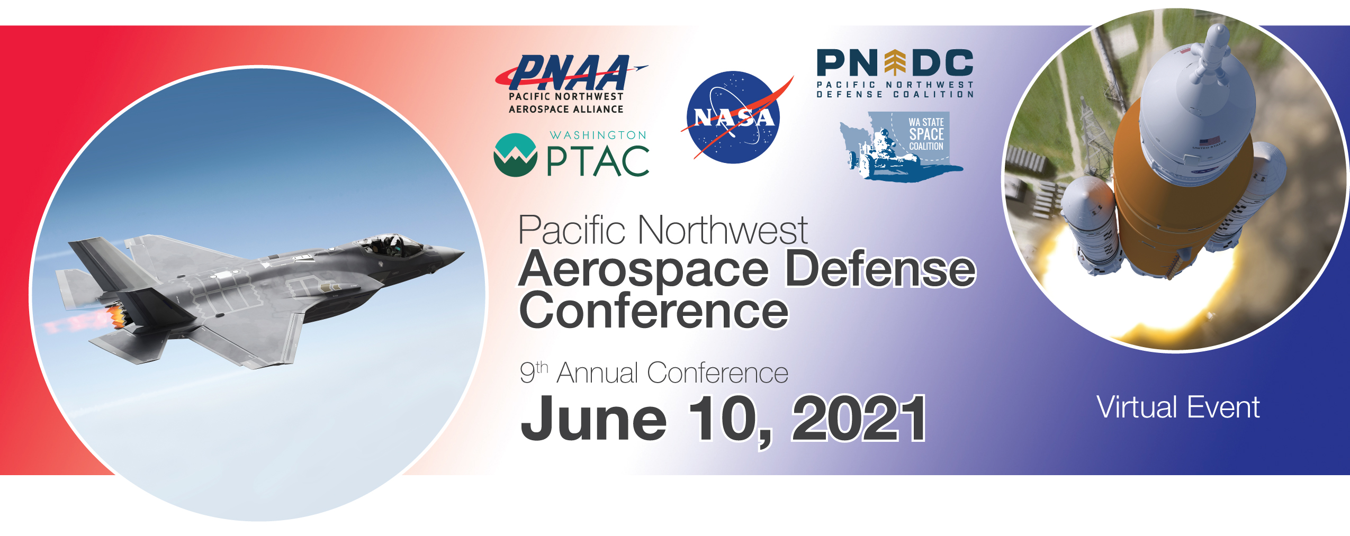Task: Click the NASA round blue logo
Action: [733, 117]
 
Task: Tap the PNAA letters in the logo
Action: [569, 72]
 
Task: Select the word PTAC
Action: [598, 161]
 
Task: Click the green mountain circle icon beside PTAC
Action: [515, 155]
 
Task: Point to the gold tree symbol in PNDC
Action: [895, 62]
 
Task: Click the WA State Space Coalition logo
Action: [901, 146]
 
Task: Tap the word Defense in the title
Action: [880, 269]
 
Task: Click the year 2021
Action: [858, 419]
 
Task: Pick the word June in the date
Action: [593, 419]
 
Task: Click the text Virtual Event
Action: [1178, 407]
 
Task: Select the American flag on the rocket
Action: [1209, 141]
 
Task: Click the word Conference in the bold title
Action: [654, 311]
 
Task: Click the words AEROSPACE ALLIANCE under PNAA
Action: [566, 109]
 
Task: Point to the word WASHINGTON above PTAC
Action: [598, 135]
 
